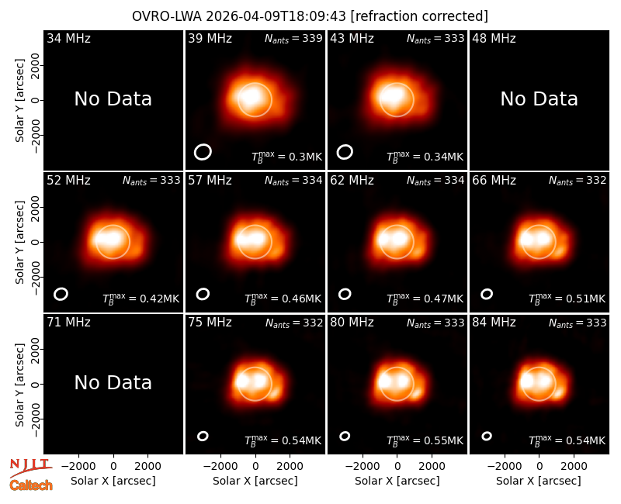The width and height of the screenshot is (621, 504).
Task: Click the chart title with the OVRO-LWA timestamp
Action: pos(310,16)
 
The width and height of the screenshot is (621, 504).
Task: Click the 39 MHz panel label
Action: pos(210,38)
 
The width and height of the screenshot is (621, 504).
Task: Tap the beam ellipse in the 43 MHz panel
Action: pos(345,152)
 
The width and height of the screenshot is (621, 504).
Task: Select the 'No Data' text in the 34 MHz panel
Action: pos(113,99)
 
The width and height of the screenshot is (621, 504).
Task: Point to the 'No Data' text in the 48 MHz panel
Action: pos(539,99)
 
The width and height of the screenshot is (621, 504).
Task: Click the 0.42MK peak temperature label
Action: pos(141,299)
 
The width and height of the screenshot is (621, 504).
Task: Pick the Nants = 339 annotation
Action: pos(293,38)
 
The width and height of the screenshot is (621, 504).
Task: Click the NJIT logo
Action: pos(30,468)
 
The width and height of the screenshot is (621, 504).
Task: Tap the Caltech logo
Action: pos(31,485)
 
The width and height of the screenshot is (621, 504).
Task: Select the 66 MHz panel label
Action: pos(494,181)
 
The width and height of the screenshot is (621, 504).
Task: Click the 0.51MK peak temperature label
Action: pos(567,299)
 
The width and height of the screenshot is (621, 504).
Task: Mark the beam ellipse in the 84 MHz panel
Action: pos(487,436)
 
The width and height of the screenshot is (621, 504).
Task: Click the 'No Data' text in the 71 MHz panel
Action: pos(113,383)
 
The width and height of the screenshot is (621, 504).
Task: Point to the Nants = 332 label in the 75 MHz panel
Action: pos(294,323)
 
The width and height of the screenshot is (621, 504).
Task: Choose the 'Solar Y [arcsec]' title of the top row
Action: pos(19,101)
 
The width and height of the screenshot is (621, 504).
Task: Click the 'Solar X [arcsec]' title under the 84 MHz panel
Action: pos(539,481)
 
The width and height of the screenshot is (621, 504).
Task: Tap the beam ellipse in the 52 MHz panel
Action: pos(61,294)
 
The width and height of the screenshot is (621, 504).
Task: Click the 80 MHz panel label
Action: pos(352,323)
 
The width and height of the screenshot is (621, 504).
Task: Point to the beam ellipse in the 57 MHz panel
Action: pos(203,294)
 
